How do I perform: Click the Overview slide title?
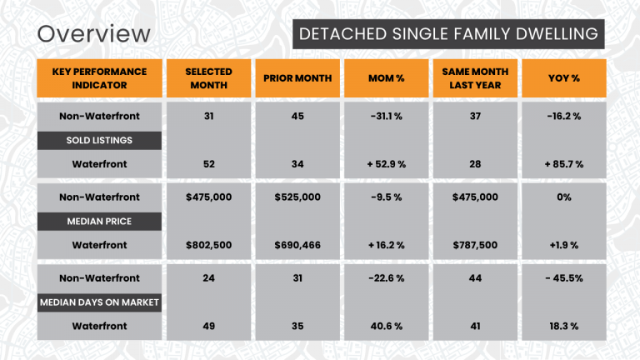coord(94,34)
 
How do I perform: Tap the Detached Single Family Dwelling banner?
coord(448,34)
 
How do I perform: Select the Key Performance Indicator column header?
coord(99,78)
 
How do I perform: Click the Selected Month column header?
coord(208,78)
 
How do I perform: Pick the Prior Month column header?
coord(297,78)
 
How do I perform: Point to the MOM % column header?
coord(386,78)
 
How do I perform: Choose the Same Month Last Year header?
coord(475,78)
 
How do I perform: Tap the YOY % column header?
coord(563,78)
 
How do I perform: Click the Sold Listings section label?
coord(99,140)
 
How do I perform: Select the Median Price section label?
coord(99,222)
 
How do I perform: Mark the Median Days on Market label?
coord(99,302)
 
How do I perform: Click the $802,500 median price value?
coord(208,245)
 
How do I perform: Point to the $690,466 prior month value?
coord(297,245)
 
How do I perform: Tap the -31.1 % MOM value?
coord(386,116)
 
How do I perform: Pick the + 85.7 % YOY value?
coord(563,164)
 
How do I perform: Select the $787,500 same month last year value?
coord(475,245)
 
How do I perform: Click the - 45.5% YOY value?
coord(563,277)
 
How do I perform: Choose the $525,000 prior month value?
coord(297,197)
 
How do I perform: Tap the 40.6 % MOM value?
coord(386,326)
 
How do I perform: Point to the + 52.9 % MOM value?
coord(386,164)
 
